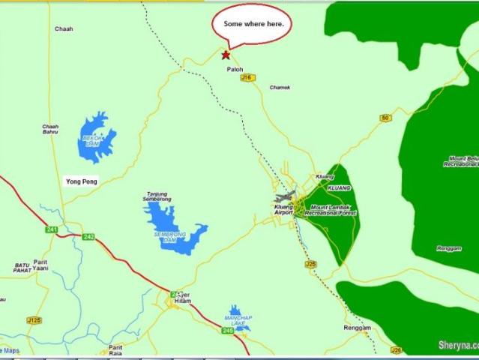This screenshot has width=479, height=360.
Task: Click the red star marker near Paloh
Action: click(x=226, y=55)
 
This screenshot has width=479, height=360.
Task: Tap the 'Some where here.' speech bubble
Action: click(x=253, y=25)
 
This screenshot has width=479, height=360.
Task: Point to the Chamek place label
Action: click(x=280, y=87)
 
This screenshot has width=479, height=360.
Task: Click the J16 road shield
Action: click(x=253, y=77)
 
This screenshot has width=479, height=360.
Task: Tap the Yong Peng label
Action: click(x=81, y=181)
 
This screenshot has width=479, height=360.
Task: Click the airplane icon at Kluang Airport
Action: click(x=286, y=197)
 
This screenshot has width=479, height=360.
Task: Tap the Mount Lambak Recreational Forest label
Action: click(x=331, y=210)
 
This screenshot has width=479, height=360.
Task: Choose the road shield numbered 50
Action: click(x=385, y=118)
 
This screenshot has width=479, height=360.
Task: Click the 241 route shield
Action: click(x=51, y=229)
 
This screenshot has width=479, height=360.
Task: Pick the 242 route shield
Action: click(x=88, y=237)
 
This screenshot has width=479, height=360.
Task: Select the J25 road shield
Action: click(x=310, y=264)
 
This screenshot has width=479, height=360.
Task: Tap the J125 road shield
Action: click(x=34, y=320)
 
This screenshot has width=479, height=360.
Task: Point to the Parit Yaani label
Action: click(x=40, y=265)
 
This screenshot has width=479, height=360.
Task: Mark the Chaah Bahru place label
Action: click(x=50, y=130)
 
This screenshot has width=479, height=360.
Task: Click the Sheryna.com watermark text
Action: click(x=457, y=346)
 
